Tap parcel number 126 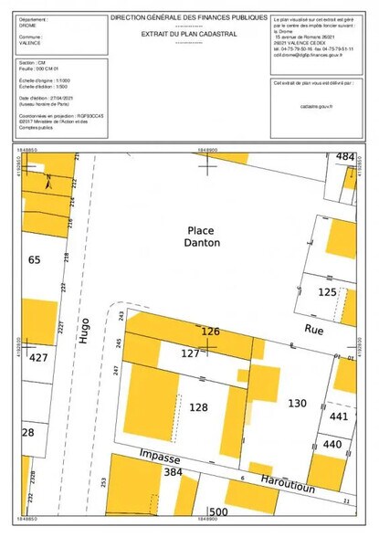(211, 332)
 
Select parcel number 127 (190, 353)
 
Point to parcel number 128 (199, 407)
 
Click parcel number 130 (297, 402)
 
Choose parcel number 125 (328, 292)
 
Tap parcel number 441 (339, 416)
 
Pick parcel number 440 (332, 445)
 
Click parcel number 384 (173, 473)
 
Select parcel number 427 (38, 358)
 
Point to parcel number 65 (35, 260)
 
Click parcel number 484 (344, 157)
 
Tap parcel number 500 (216, 511)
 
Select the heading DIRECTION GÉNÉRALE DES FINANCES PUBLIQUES (189, 17)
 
